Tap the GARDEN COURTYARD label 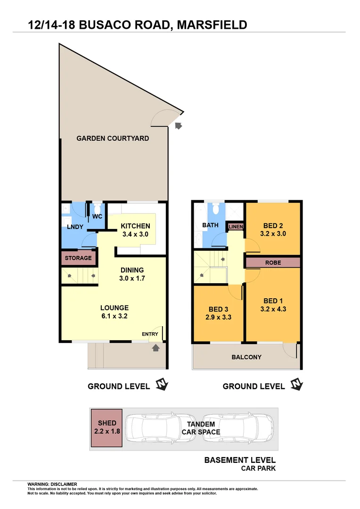113,139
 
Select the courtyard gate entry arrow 178,125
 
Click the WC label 97,217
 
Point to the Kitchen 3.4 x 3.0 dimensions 135,234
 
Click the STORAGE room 78,258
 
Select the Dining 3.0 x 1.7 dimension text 132,278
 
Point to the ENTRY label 150,334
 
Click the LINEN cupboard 236,227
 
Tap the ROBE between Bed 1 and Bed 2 272,262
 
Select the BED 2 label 273,225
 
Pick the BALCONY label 246,357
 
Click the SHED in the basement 107,427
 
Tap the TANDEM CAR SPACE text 201,428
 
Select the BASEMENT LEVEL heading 240,460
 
